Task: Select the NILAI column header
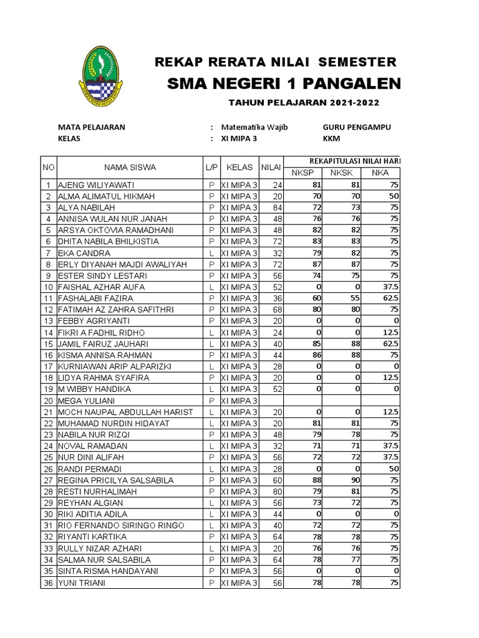(x=271, y=167)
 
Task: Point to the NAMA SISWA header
(x=130, y=167)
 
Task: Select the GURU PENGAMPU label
(x=356, y=127)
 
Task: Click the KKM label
(x=331, y=139)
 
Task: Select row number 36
(x=48, y=583)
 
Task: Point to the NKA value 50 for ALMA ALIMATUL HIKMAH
(x=393, y=196)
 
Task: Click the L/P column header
(x=211, y=167)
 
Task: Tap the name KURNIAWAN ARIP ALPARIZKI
(x=114, y=366)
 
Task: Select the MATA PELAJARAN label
(x=91, y=127)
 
